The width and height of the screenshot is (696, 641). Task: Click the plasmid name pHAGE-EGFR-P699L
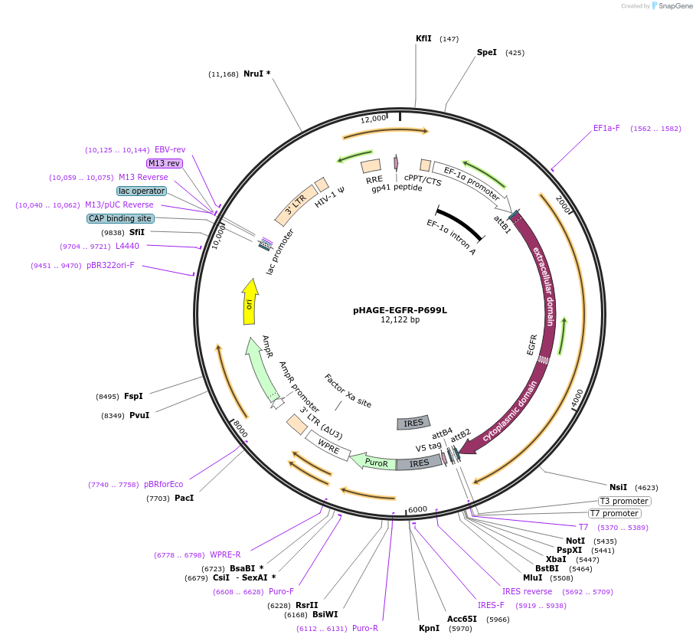click(x=400, y=310)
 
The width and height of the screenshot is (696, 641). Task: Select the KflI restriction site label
click(x=423, y=38)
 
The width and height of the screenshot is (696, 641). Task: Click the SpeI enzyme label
click(x=487, y=53)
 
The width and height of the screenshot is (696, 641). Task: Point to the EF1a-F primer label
click(x=606, y=129)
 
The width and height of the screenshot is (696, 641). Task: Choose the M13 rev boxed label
click(x=164, y=163)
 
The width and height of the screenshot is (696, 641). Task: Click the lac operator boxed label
click(x=142, y=191)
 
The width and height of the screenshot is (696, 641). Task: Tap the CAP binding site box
click(x=121, y=218)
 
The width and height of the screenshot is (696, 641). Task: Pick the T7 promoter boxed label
click(x=613, y=513)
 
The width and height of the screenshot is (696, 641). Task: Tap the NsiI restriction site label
click(x=618, y=487)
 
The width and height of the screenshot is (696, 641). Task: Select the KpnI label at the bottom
click(x=429, y=628)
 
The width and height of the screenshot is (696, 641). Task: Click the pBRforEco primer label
click(x=164, y=484)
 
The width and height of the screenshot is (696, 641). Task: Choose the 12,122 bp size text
click(x=400, y=320)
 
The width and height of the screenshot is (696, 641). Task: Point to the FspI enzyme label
click(x=133, y=396)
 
